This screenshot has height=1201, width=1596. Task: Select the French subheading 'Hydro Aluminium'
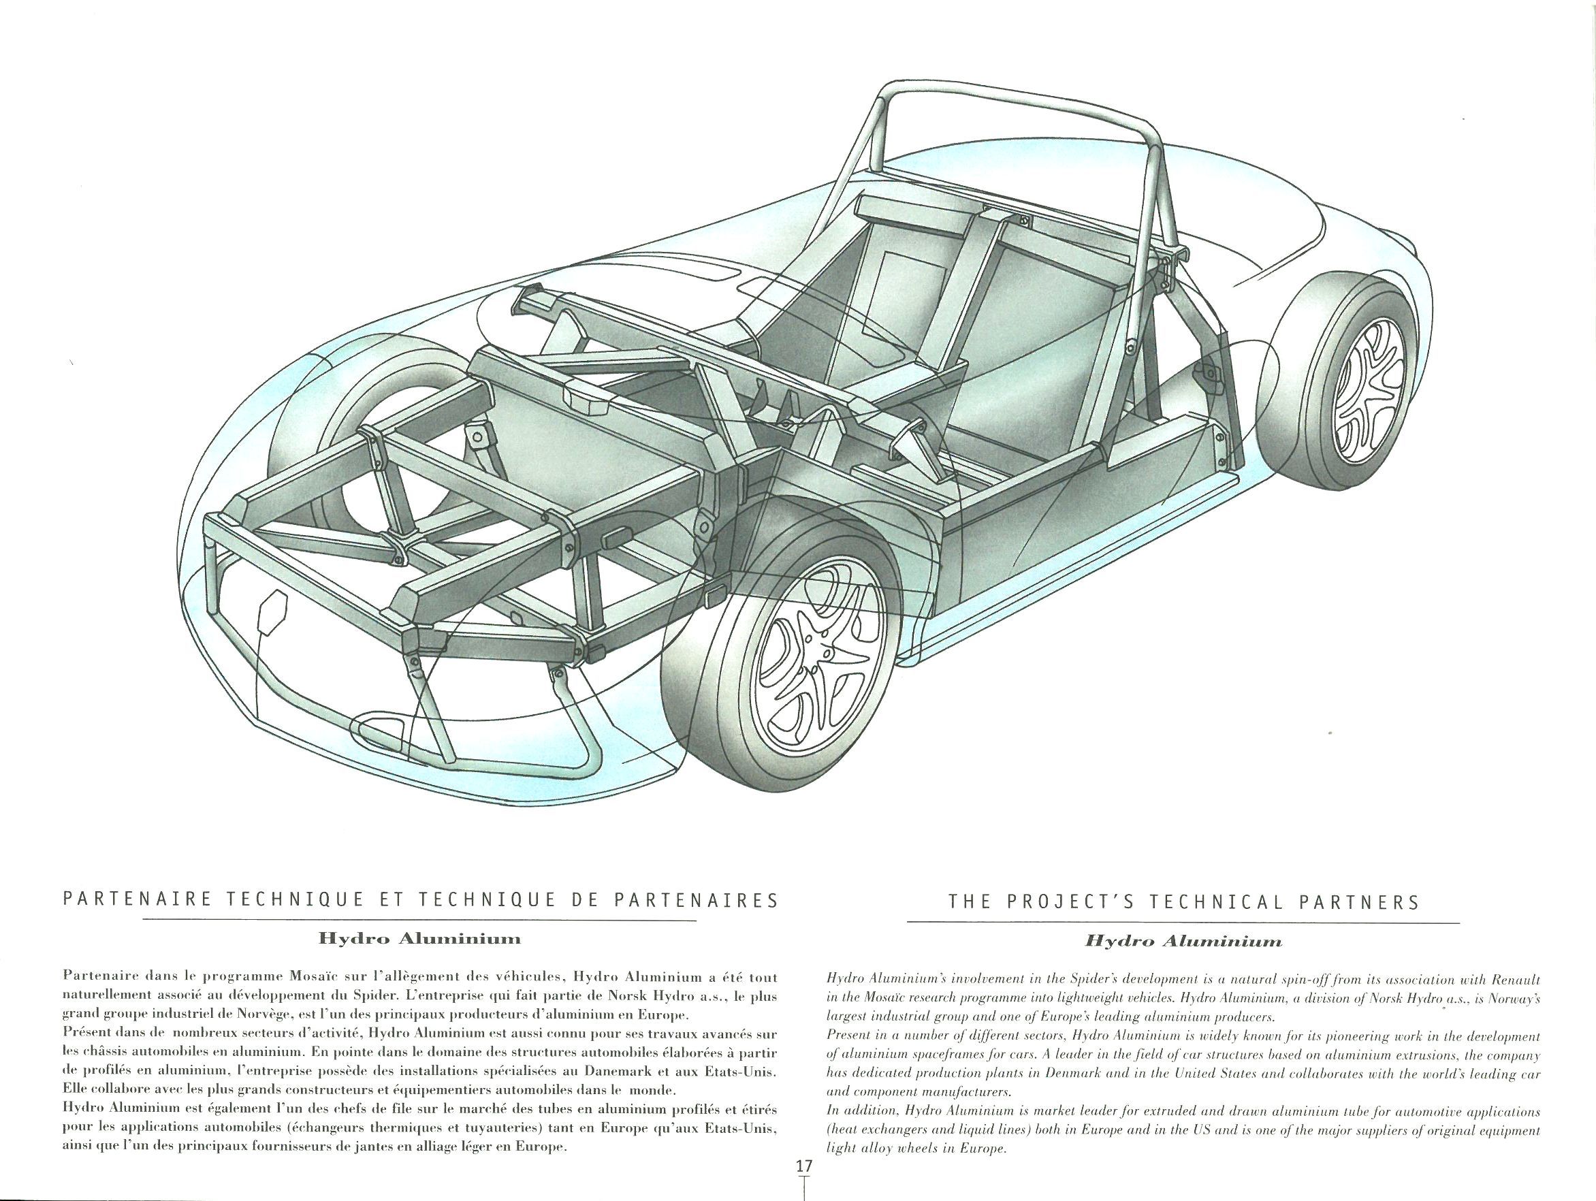click(x=419, y=938)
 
